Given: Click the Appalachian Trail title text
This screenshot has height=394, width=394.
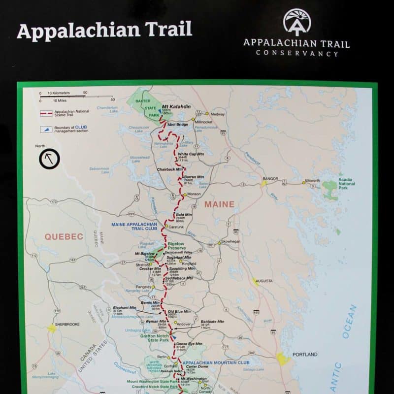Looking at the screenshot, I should tap(104, 30).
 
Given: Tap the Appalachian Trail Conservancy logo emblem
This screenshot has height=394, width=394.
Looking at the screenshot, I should tap(297, 21).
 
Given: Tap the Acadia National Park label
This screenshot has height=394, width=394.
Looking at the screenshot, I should tap(346, 185).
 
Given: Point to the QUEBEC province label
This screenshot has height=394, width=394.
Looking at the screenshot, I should tap(64, 236).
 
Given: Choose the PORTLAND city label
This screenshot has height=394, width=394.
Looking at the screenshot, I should tap(305, 354).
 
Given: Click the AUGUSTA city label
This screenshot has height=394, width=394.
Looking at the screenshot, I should tap(264, 281).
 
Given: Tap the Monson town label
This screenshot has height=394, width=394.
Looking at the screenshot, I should tap(194, 195).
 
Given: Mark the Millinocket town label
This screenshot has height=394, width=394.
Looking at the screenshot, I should tap(203, 122).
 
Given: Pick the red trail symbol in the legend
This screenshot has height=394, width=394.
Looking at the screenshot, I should tap(46, 113).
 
